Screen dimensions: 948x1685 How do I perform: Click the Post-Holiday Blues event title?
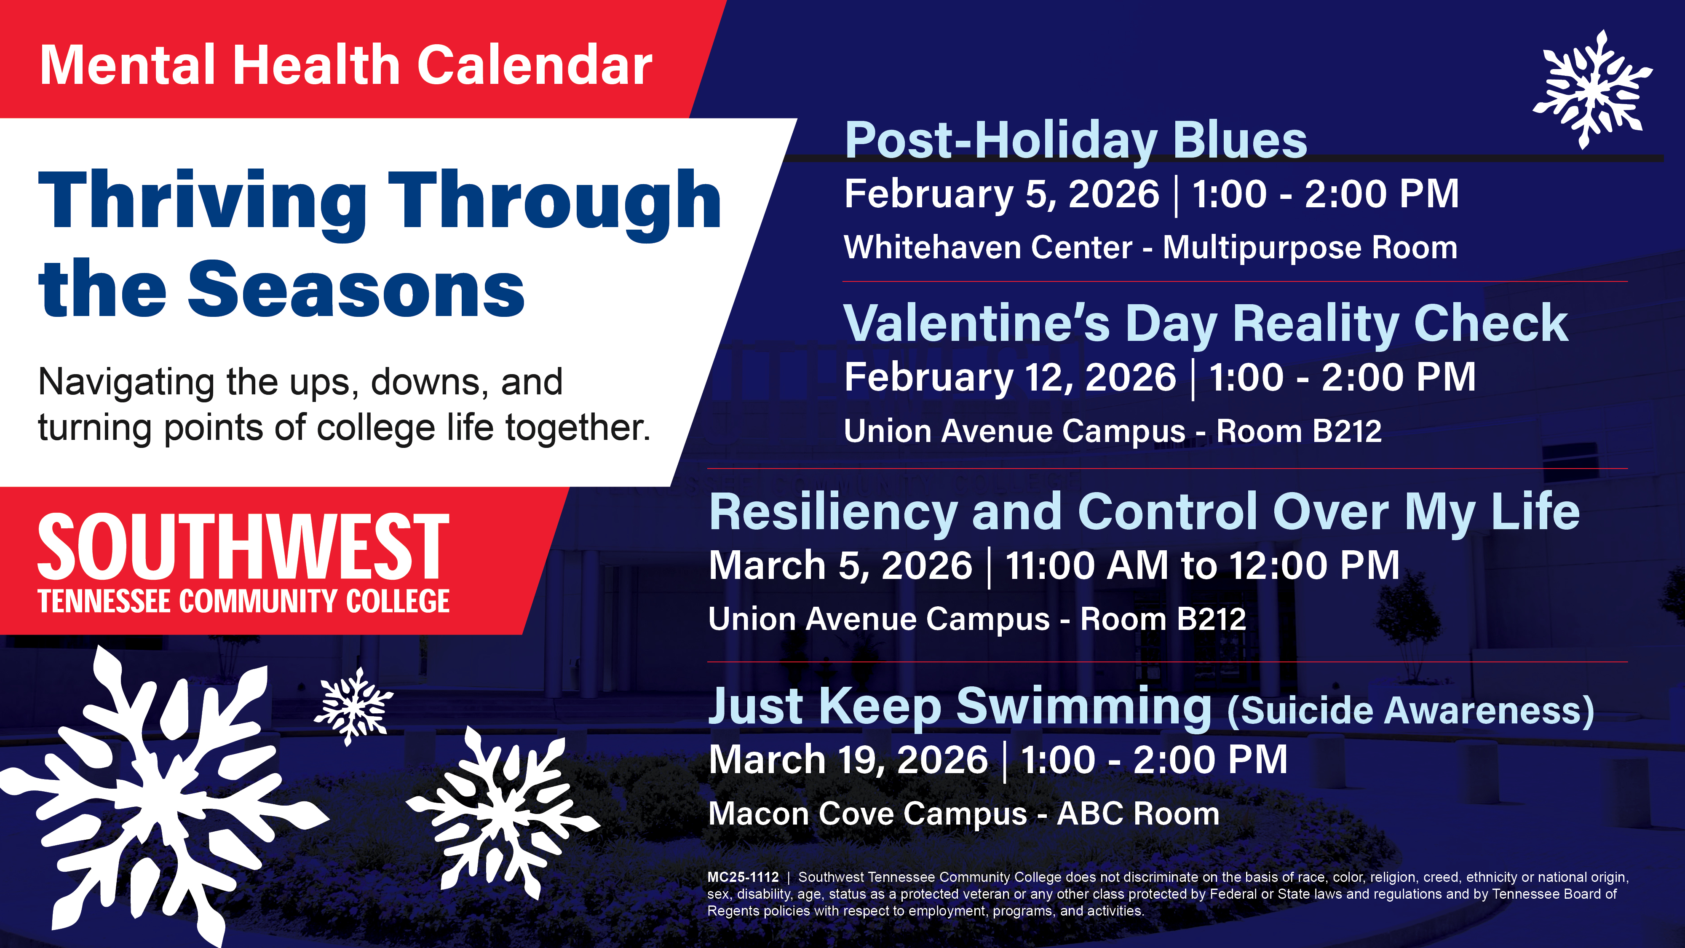[x=1075, y=141]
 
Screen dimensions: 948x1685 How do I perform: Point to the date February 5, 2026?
[x=1001, y=194]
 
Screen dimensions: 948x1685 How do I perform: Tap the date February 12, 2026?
[x=1009, y=378]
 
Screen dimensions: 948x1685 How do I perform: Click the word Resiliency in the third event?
[x=833, y=512]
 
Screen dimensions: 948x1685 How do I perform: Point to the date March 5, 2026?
[x=840, y=566]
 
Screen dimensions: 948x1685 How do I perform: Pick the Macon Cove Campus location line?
[x=963, y=814]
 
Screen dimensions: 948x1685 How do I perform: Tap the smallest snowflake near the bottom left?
[x=354, y=707]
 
